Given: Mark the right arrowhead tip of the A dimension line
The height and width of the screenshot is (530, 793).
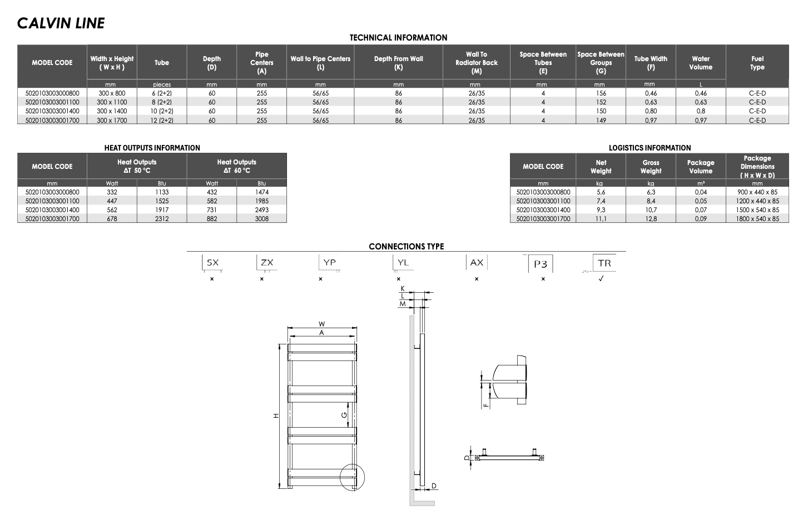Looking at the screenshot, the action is coord(355,337).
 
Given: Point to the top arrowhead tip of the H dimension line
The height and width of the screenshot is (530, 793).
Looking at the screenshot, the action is coord(280,344).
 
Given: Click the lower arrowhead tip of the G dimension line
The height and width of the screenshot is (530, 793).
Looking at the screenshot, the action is coord(348,427).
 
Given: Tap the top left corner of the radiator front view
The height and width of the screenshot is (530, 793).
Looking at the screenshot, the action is coord(288,344).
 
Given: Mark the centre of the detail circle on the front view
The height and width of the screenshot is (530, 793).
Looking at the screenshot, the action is coord(352,477).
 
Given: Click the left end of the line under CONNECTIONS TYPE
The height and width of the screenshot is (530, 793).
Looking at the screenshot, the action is coord(187,251).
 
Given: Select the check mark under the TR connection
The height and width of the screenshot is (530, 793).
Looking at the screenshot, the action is coord(601,279).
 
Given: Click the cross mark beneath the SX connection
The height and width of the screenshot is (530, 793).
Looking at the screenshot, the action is coord(212,279).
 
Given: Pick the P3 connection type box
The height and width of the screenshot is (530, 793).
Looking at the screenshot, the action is coord(540,264).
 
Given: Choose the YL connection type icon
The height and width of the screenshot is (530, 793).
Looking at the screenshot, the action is coord(403,263).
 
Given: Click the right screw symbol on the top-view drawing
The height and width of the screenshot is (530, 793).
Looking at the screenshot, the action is coord(541,458).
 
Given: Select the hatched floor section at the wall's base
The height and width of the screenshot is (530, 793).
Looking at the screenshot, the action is coord(422,503).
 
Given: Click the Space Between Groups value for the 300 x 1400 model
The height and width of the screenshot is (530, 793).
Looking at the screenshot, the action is coord(601,111).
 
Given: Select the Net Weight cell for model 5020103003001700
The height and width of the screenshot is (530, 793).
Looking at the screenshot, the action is coord(601,219).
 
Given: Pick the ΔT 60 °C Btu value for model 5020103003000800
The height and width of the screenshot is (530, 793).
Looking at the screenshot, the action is coord(261,192).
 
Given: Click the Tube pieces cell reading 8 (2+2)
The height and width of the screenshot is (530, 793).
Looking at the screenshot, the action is coord(162,102).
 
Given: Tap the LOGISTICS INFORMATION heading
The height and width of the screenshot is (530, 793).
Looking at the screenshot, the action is coord(650,148).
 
